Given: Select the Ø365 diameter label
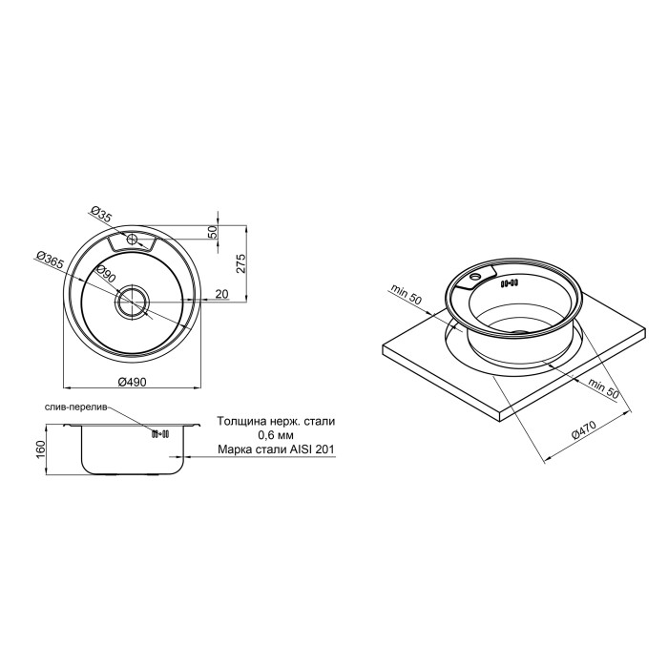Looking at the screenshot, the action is click(x=50, y=260).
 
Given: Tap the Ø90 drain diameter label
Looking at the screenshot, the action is click(x=106, y=275).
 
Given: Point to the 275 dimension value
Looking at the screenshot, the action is click(x=240, y=263).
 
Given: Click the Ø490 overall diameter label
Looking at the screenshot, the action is click(x=132, y=382).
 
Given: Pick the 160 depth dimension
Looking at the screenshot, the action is click(x=41, y=449).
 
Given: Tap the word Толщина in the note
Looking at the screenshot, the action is click(x=241, y=422).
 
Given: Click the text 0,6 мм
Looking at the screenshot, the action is click(x=276, y=435).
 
